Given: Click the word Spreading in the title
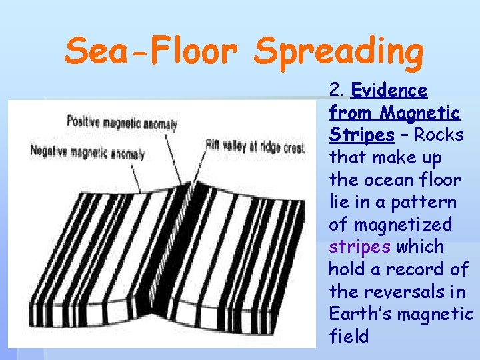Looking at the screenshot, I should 339,51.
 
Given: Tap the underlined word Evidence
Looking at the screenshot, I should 389,90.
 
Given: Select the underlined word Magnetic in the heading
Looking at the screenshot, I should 422,113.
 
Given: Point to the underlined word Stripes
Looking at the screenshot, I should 361,135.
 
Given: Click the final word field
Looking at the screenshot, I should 349,337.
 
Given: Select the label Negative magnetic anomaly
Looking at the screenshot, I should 87,152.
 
